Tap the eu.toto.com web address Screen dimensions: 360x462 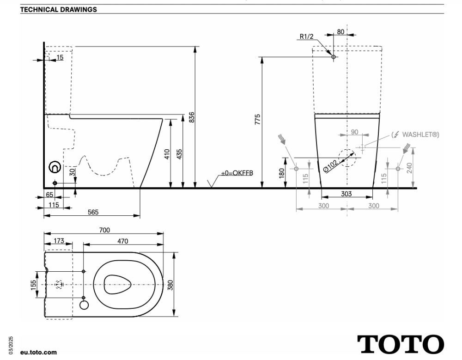point(39,352)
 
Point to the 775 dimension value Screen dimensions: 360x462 point(258,119)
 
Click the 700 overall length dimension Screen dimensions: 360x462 point(104,229)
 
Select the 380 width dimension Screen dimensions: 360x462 point(170,285)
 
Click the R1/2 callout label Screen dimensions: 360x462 point(307,37)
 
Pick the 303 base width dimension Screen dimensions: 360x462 point(346,194)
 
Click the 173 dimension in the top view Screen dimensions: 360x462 point(59,241)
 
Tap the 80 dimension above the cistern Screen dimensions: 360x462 point(340,32)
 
